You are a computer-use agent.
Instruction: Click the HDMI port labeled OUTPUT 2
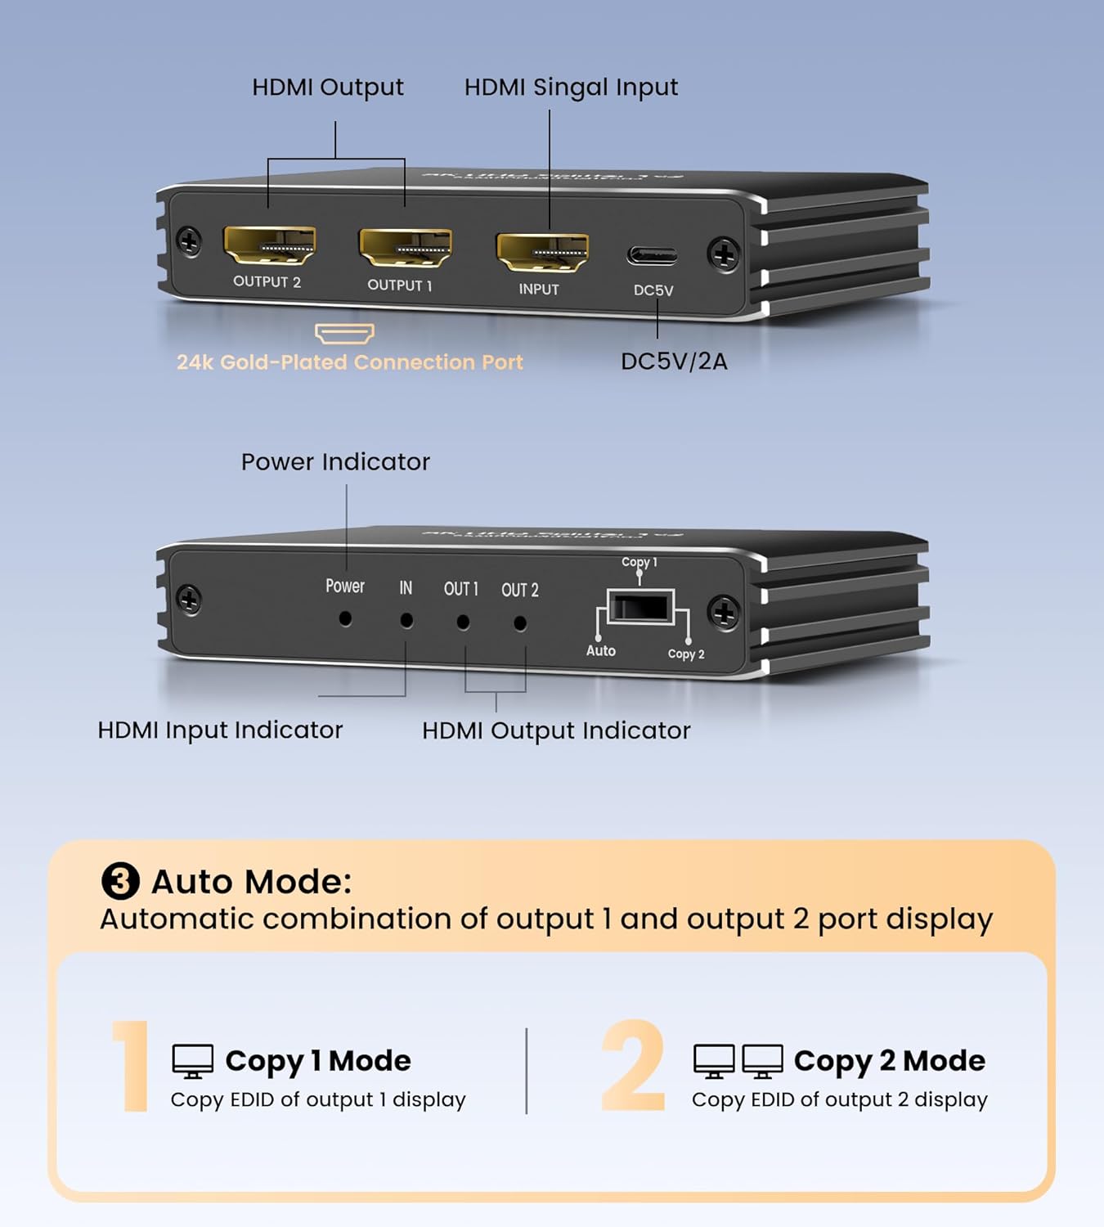(x=269, y=245)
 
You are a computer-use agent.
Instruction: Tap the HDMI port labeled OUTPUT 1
(x=405, y=248)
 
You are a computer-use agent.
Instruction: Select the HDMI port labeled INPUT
(x=541, y=252)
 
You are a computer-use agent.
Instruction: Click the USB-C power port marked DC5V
(x=652, y=256)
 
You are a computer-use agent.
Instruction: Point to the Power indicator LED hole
(x=345, y=619)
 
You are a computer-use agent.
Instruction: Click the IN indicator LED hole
(x=406, y=621)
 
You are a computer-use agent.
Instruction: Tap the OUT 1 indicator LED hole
(x=463, y=622)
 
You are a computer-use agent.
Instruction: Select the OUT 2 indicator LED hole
(x=519, y=624)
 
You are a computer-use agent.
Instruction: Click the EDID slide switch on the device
(x=641, y=608)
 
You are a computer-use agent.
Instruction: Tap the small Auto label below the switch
(x=600, y=651)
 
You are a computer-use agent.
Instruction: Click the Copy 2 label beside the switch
(x=685, y=654)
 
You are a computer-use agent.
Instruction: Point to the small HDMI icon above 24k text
(x=344, y=334)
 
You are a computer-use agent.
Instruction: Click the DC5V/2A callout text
(x=674, y=362)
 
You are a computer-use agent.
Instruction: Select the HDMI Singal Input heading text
(x=571, y=87)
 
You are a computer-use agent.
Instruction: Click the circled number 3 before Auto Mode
(x=120, y=882)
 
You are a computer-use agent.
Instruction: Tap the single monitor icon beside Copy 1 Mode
(x=193, y=1062)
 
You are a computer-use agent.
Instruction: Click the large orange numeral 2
(x=633, y=1066)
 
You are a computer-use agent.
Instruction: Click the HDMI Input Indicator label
(x=220, y=730)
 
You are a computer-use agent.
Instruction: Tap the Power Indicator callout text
(x=335, y=462)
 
